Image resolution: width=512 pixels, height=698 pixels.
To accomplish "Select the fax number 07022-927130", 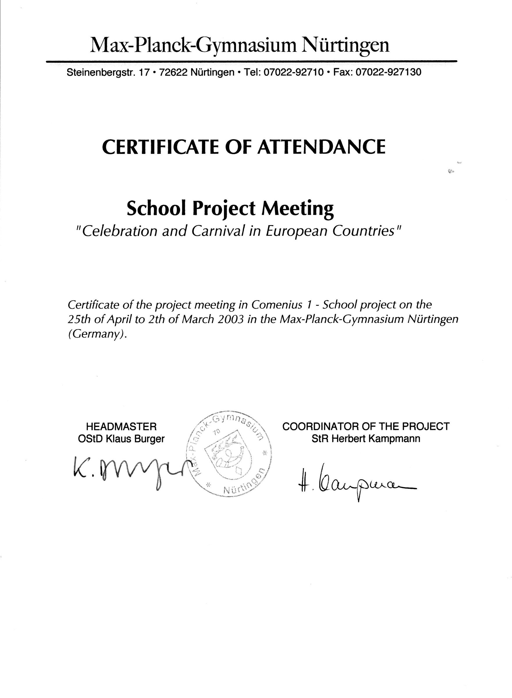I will click(x=388, y=72).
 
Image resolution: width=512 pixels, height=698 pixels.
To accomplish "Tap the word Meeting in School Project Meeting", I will click(x=298, y=209).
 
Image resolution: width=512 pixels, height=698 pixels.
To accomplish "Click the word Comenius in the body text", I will click(x=277, y=305).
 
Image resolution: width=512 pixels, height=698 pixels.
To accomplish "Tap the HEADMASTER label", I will click(x=121, y=427).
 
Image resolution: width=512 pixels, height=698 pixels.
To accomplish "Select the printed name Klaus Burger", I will click(x=135, y=439).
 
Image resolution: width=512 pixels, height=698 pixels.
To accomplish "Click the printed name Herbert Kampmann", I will click(x=376, y=439).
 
